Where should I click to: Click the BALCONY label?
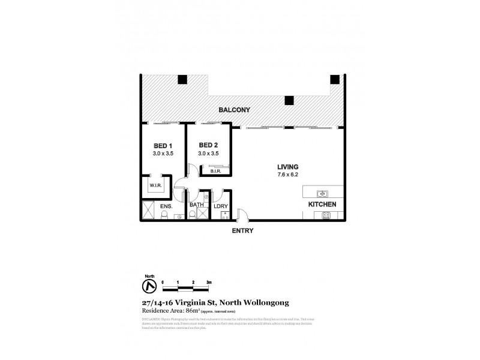click(x=235, y=110)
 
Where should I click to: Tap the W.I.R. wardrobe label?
click(x=152, y=185)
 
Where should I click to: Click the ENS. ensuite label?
click(x=166, y=206)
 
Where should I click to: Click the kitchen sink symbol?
click(x=322, y=193)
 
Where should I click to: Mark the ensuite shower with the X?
click(x=148, y=209)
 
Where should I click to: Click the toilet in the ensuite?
click(x=163, y=217)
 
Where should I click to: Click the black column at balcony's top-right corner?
click(x=335, y=79)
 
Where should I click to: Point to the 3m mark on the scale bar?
click(x=208, y=281)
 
